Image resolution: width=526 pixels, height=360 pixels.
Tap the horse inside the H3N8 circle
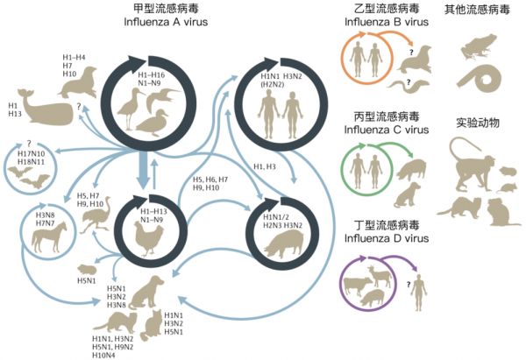pyautogui.click(x=45, y=236)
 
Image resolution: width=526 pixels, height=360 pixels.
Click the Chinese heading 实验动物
pyautogui.click(x=478, y=122)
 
